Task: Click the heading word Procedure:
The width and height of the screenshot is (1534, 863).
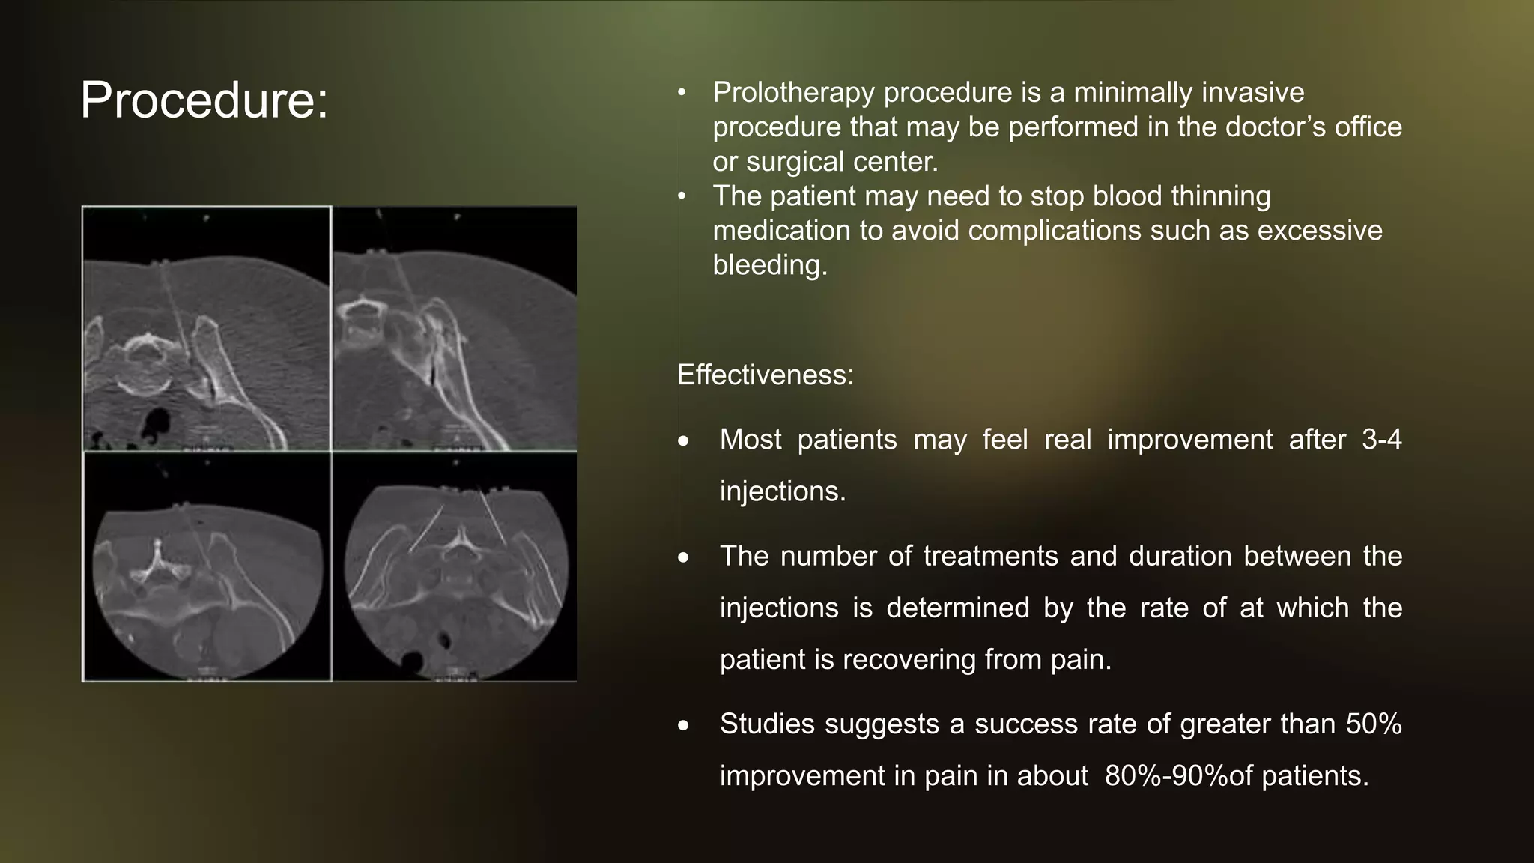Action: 204,100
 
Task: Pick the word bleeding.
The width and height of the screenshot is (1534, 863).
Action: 769,265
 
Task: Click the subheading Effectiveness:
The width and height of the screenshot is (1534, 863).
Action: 765,375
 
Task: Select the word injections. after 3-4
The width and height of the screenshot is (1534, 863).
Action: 782,491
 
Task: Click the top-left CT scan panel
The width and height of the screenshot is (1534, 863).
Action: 207,328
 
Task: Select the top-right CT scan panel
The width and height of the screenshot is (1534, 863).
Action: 455,328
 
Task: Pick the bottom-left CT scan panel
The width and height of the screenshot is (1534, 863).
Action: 207,567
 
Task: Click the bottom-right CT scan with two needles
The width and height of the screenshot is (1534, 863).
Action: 455,567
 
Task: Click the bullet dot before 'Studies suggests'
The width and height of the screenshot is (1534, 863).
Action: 683,726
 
